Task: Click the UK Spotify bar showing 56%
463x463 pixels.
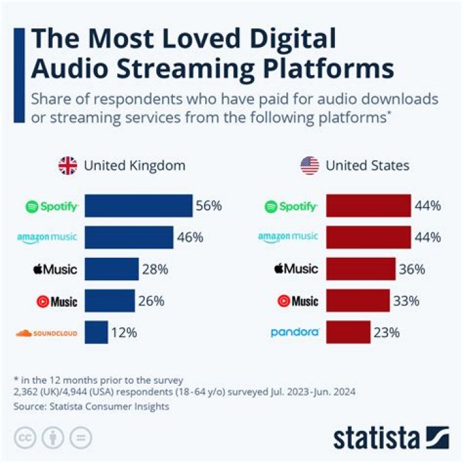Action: pyautogui.click(x=138, y=206)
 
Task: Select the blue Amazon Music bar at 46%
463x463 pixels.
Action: pyautogui.click(x=129, y=237)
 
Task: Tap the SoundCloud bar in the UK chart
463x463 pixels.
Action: pyautogui.click(x=96, y=332)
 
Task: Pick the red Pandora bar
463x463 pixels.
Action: pyautogui.click(x=348, y=332)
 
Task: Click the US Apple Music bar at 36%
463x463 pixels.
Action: pyautogui.click(x=361, y=269)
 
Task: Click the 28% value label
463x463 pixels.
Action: pyautogui.click(x=155, y=269)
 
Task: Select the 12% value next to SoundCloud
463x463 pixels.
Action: pyautogui.click(x=123, y=332)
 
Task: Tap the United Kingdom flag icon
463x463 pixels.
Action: pyautogui.click(x=68, y=166)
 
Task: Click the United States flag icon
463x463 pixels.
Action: pyautogui.click(x=309, y=166)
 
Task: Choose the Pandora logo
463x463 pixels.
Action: pyautogui.click(x=295, y=332)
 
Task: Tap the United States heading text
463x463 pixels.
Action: pyautogui.click(x=367, y=166)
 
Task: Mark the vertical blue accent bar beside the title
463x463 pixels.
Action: pyautogui.click(x=18, y=75)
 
